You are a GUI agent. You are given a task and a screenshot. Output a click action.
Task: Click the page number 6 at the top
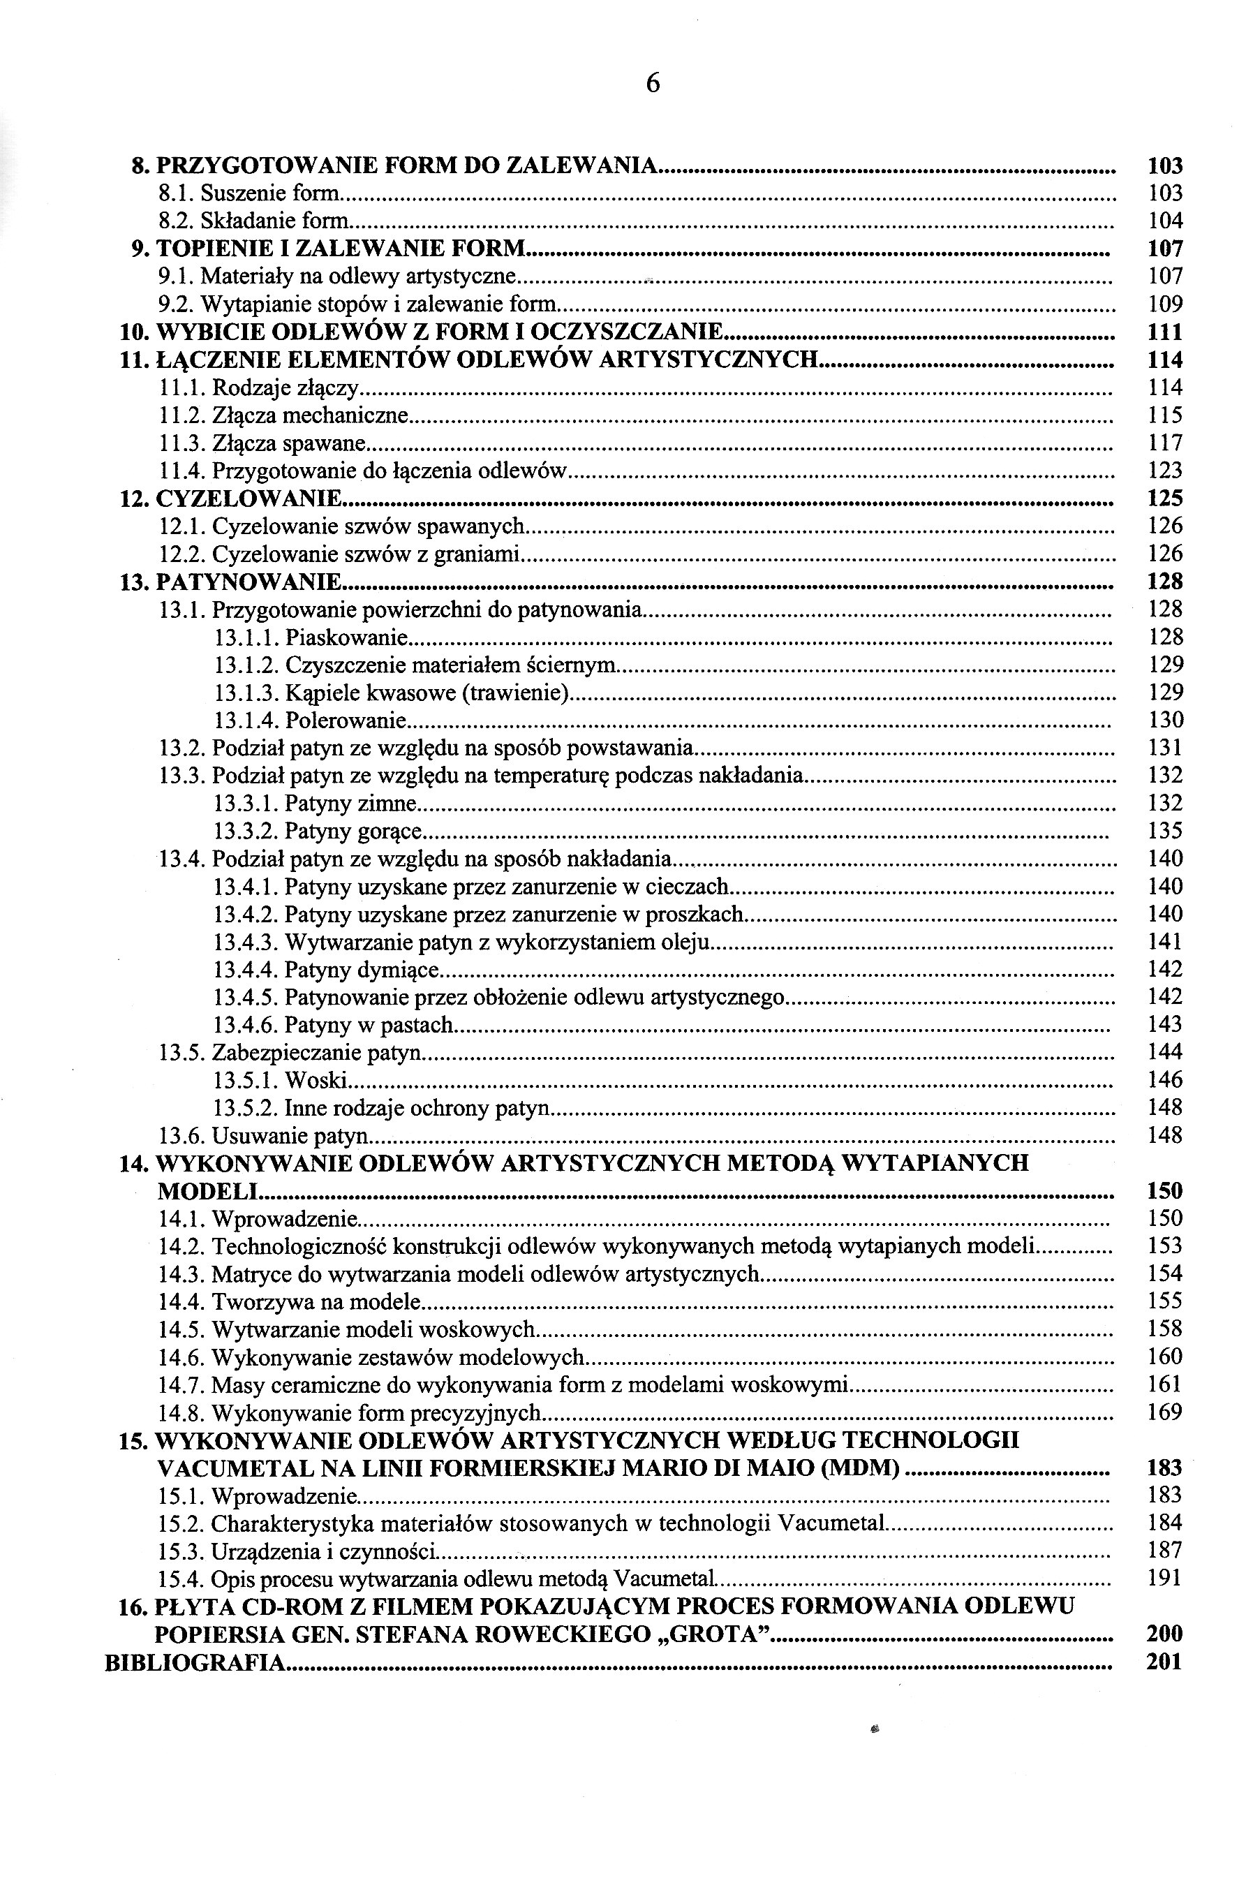tap(653, 84)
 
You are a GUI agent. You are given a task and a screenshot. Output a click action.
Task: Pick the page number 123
tap(1164, 471)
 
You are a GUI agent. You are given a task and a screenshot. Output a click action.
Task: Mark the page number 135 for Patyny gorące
tap(1164, 832)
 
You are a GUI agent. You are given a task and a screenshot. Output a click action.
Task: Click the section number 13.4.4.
tap(246, 970)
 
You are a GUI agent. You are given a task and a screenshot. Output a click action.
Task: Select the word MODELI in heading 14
tap(208, 1192)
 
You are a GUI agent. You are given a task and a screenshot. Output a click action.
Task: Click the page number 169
tap(1164, 1414)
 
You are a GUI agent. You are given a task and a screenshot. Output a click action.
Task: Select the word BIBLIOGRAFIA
tap(195, 1663)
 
